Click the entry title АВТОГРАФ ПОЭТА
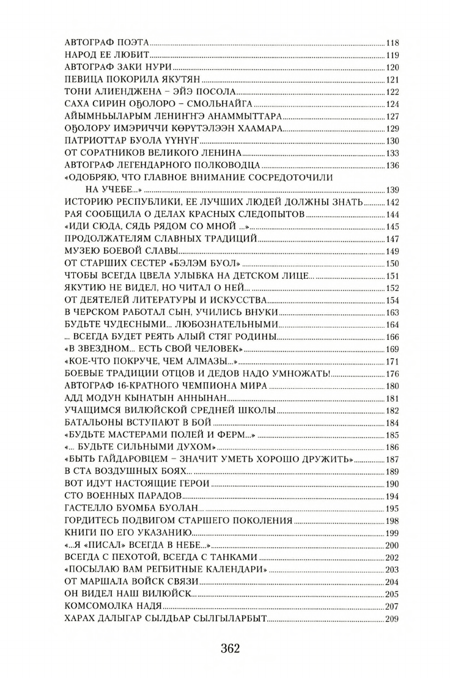[x=106, y=43]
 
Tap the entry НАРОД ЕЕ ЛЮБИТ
[x=106, y=55]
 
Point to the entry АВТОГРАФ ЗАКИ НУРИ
[x=117, y=67]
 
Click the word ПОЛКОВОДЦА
[x=226, y=165]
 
